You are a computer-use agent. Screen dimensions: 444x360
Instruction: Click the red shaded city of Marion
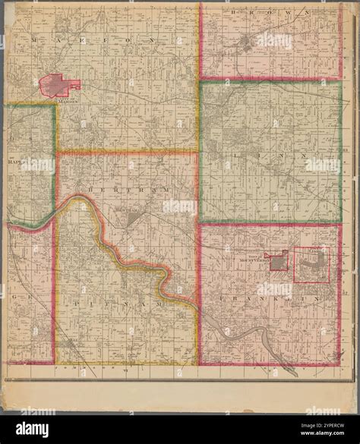click(x=57, y=85)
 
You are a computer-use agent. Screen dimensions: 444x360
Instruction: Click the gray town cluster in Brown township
click(x=246, y=43)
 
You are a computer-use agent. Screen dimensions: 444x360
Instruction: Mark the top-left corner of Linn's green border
click(x=201, y=82)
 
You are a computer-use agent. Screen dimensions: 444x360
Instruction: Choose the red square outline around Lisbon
click(x=311, y=266)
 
